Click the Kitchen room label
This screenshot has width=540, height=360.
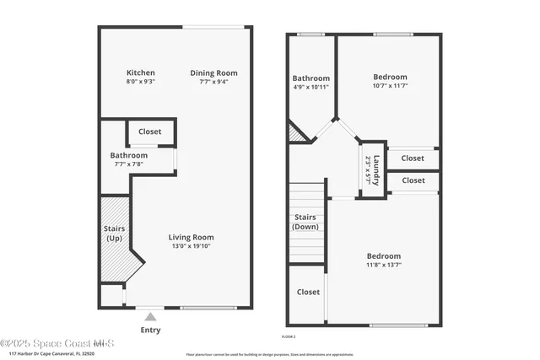pyautogui.click(x=141, y=73)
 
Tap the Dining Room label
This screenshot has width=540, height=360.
pyautogui.click(x=213, y=73)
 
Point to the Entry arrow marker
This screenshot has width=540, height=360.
pyautogui.click(x=150, y=317)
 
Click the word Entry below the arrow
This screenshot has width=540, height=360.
pyautogui.click(x=150, y=330)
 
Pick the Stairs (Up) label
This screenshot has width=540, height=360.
pyautogui.click(x=114, y=233)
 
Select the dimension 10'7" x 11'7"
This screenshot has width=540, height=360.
pyautogui.click(x=390, y=86)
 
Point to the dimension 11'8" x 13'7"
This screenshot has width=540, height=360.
pyautogui.click(x=383, y=266)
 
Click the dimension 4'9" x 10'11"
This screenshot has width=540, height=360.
pyautogui.click(x=310, y=87)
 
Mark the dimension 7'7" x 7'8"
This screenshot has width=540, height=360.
pyautogui.click(x=129, y=164)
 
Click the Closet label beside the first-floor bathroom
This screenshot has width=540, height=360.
pyautogui.click(x=150, y=132)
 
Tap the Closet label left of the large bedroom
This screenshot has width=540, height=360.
pyautogui.click(x=308, y=292)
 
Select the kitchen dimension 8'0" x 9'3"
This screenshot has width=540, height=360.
pyautogui.click(x=141, y=83)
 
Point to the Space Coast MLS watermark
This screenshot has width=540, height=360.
pyautogui.click(x=57, y=343)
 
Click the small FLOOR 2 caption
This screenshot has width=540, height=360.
pyautogui.click(x=289, y=336)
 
